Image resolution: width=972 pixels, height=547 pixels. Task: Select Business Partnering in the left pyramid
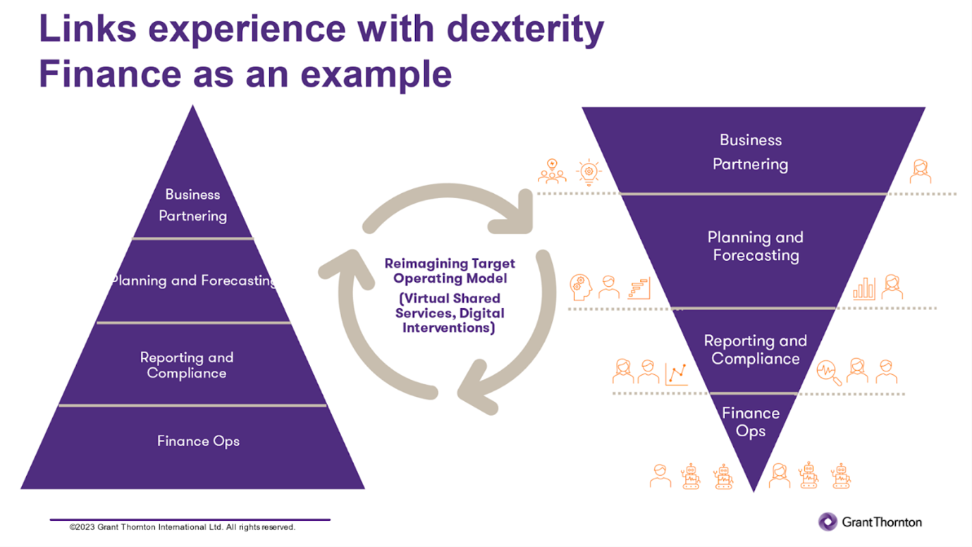click(192, 205)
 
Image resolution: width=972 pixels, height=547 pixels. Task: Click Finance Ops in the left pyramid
click(198, 441)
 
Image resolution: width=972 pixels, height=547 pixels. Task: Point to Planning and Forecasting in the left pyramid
click(193, 281)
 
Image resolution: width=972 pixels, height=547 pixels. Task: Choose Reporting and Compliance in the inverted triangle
click(755, 350)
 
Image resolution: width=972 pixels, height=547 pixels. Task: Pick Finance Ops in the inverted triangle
click(751, 422)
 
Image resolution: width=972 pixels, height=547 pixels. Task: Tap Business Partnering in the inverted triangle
click(750, 152)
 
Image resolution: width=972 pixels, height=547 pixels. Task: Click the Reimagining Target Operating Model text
click(450, 270)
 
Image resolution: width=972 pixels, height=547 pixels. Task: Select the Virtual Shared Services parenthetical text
click(450, 313)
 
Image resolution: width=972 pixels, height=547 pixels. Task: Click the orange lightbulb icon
click(587, 172)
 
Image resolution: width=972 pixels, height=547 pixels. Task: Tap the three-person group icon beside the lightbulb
click(552, 172)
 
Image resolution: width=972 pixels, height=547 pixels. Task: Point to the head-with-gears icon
click(579, 287)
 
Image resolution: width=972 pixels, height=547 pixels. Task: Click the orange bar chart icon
click(863, 288)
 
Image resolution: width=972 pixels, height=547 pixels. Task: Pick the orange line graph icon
click(676, 374)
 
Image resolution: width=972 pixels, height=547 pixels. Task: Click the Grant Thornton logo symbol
click(828, 522)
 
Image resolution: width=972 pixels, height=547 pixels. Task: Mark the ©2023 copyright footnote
click(183, 527)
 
